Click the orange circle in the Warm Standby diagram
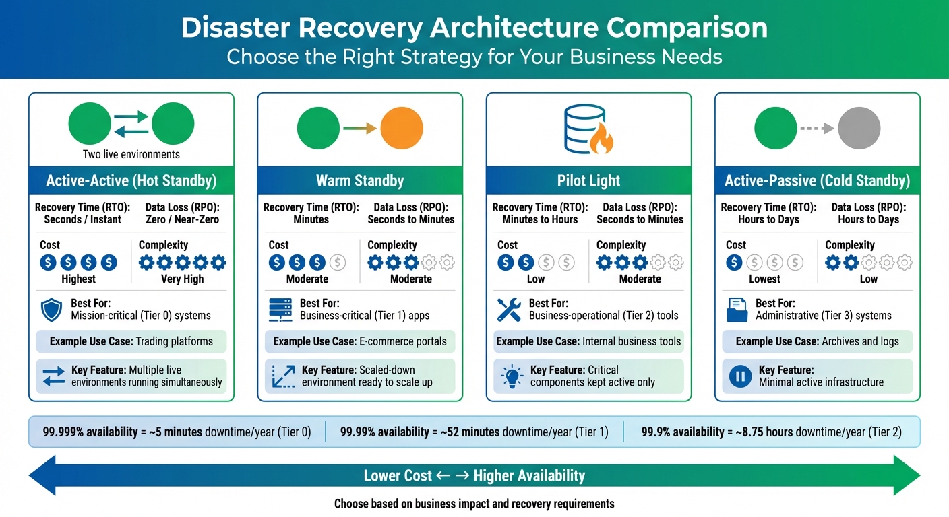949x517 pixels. (402, 128)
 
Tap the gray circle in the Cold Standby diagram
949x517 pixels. (859, 128)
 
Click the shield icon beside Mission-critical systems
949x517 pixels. (51, 310)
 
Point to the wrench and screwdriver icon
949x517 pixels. (509, 310)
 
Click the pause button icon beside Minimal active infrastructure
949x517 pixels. (740, 376)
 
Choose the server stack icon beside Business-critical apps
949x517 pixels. (280, 310)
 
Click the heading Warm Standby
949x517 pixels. (360, 180)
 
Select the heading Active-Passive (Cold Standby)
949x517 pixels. (817, 180)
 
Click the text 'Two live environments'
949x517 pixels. (131, 154)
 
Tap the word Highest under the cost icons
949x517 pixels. (78, 279)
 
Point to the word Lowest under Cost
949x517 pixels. (764, 279)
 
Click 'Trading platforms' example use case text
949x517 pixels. (174, 341)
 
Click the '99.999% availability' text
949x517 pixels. (90, 432)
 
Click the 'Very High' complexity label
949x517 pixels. (182, 279)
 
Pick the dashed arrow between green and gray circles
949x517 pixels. (817, 129)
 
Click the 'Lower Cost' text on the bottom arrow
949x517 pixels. (397, 476)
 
